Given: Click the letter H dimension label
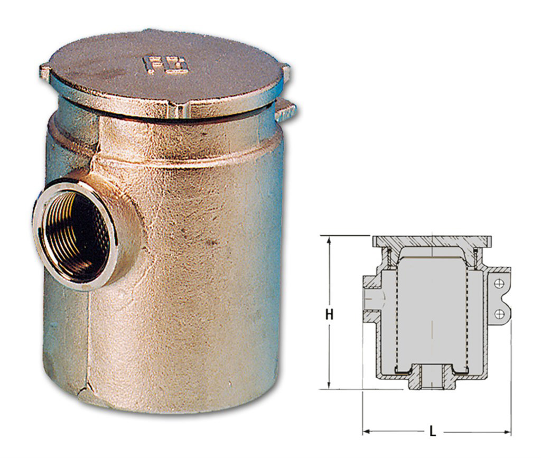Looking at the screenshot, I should pyautogui.click(x=329, y=314).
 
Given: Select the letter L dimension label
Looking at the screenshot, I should pyautogui.click(x=433, y=432).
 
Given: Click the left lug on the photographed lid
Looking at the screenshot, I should pyautogui.click(x=45, y=71).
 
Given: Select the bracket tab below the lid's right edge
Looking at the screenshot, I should pyautogui.click(x=285, y=110).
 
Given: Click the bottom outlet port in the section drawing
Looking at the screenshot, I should pyautogui.click(x=432, y=379).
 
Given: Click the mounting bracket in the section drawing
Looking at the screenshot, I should pyautogui.click(x=499, y=298).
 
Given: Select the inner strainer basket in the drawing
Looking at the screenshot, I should pyautogui.click(x=432, y=312).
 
